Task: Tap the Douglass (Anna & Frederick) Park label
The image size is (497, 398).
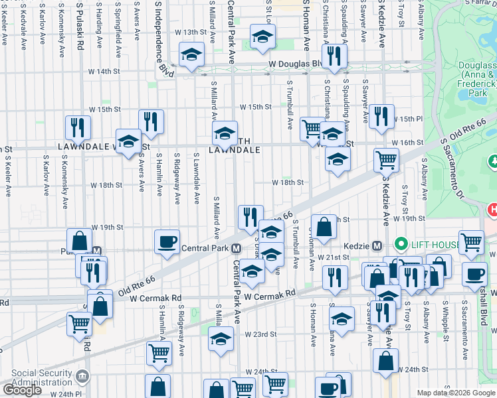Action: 477,79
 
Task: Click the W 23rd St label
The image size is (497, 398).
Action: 260,334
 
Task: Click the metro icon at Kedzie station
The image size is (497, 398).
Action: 376,245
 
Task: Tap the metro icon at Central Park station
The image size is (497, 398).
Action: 236,249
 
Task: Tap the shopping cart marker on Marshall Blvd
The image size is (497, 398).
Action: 471,242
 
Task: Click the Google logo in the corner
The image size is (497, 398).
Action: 22,390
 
